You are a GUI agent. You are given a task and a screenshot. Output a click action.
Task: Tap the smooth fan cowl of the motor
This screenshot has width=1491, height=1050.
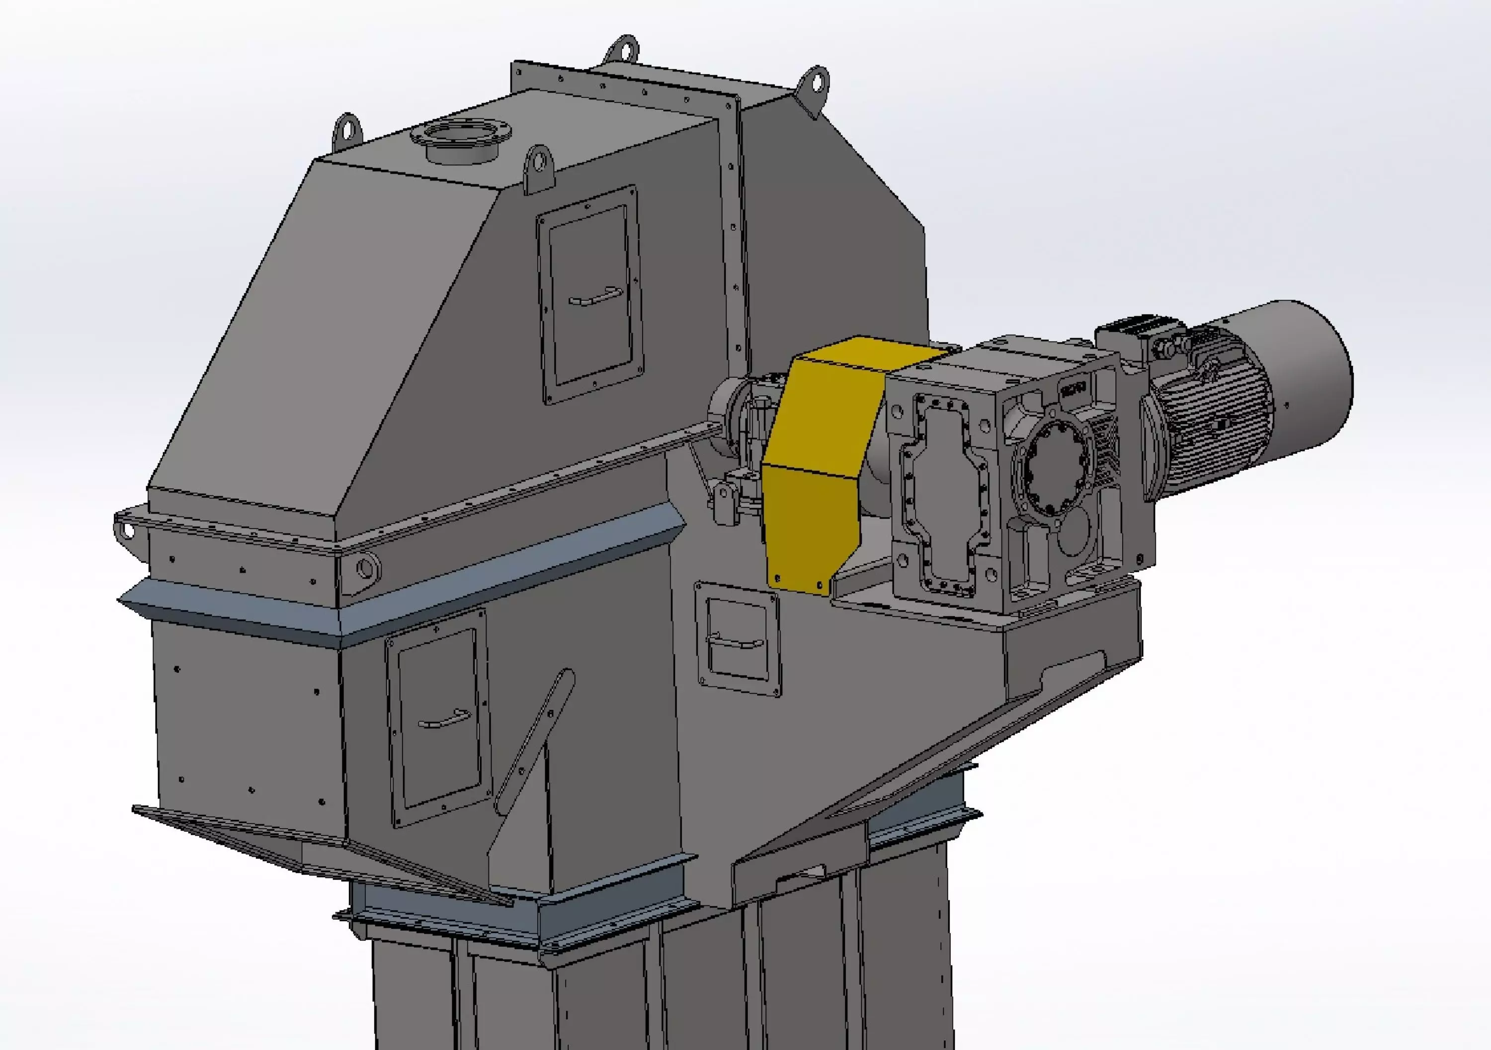click(1305, 377)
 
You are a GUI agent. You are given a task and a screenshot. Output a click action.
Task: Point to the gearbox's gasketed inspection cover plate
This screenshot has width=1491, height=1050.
click(945, 494)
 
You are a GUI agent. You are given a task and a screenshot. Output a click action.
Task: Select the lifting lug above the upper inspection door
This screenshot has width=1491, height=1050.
click(538, 168)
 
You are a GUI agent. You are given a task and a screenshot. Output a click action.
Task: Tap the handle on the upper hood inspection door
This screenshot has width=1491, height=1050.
click(594, 298)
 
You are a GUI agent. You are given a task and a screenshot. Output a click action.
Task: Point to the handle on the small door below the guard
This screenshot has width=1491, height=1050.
click(735, 642)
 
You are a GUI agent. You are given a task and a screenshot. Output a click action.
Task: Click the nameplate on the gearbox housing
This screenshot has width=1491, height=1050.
click(1074, 390)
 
